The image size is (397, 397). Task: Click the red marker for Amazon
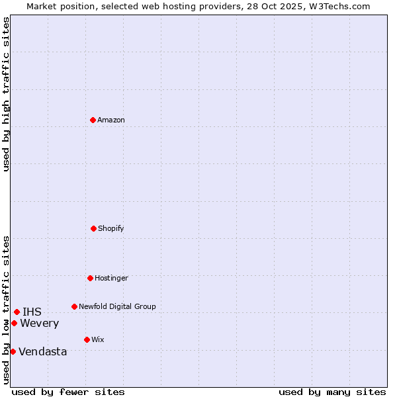tap(93, 120)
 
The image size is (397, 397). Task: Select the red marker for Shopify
tap(93, 228)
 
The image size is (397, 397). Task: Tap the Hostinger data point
tap(90, 278)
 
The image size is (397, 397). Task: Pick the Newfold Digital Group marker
tap(74, 306)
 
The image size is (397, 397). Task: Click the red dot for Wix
tap(87, 339)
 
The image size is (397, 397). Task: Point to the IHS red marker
tap(17, 312)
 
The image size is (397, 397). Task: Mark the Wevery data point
tap(14, 323)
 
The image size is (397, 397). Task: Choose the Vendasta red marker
tap(13, 351)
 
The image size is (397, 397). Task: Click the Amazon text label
tap(111, 120)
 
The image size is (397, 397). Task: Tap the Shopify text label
tap(111, 228)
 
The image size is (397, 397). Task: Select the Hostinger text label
tap(111, 278)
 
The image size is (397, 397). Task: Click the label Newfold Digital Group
tap(117, 306)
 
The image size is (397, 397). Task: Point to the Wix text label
tap(98, 339)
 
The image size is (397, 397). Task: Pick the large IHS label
tap(32, 312)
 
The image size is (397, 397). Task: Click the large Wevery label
tap(40, 323)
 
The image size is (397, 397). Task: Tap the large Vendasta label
tap(43, 351)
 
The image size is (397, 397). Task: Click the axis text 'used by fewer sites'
tap(68, 392)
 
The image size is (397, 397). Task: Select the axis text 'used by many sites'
tap(332, 392)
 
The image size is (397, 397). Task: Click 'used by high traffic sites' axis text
tap(6, 94)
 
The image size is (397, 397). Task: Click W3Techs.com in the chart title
tap(337, 6)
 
